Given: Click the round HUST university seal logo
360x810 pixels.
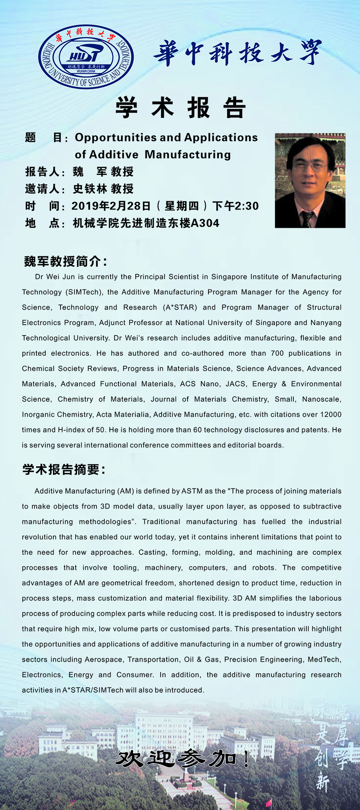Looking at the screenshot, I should click(x=86, y=57).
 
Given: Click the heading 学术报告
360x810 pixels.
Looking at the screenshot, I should click(x=180, y=108).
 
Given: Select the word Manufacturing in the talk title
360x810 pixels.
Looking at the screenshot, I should click(x=188, y=155).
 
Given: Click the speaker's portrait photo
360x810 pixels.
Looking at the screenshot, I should click(x=310, y=180).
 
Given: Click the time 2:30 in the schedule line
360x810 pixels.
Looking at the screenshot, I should click(x=247, y=206).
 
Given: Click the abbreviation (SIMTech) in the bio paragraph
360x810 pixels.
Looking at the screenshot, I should click(x=84, y=292).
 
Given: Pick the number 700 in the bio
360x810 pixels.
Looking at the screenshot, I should click(x=277, y=353).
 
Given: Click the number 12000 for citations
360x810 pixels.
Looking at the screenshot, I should click(x=330, y=414).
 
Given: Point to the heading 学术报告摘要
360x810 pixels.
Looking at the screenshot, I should click(x=64, y=469).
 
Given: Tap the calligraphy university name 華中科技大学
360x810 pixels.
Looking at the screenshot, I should click(x=238, y=53).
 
